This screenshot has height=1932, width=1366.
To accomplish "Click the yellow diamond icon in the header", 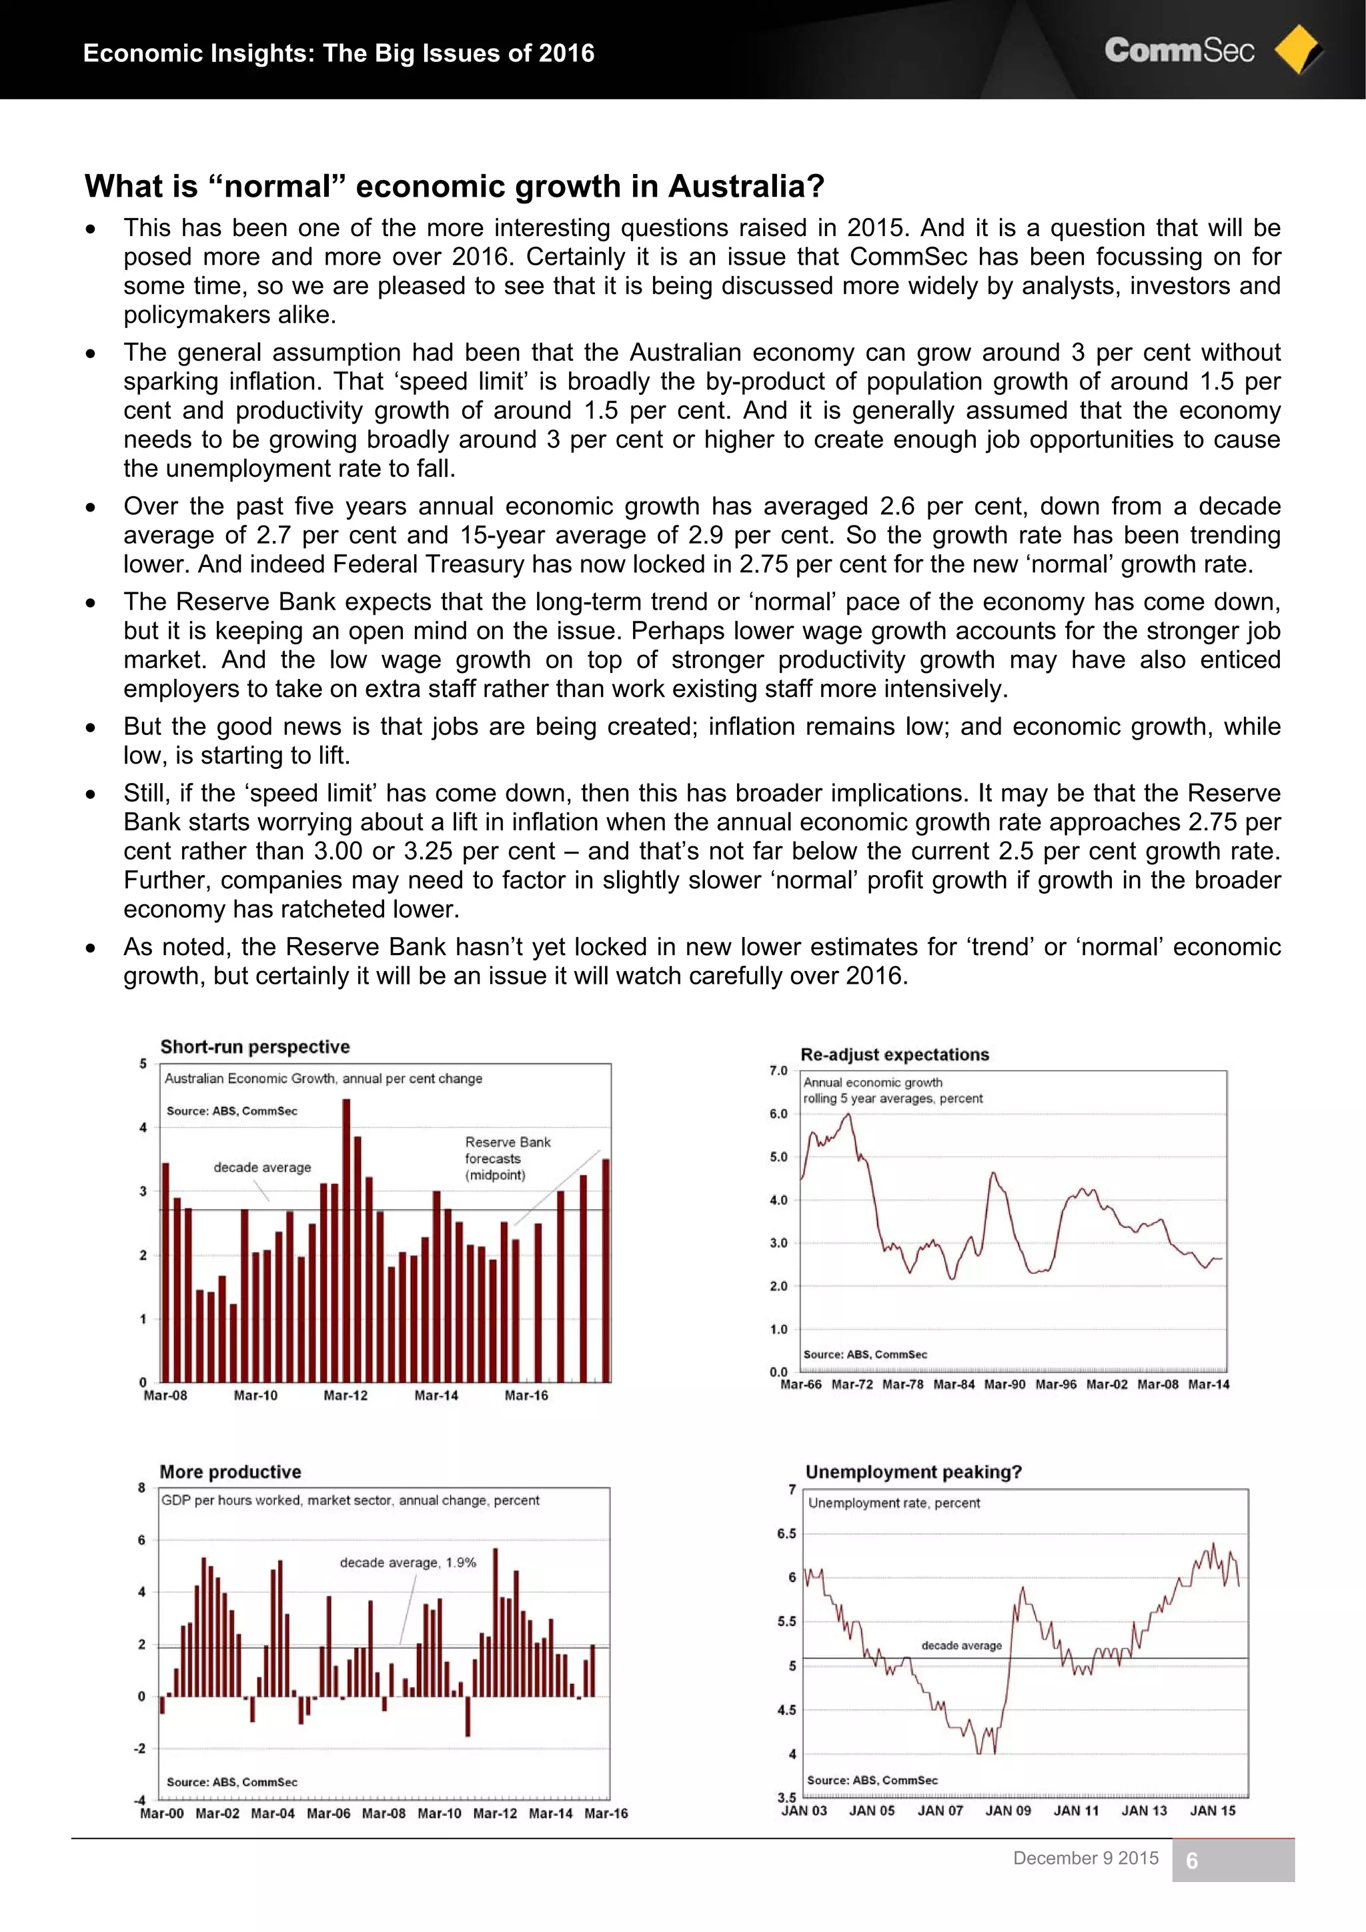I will point(1298,51).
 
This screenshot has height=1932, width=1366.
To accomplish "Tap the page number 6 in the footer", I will point(1192,1861).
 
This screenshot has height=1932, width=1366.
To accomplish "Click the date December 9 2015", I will point(1086,1858).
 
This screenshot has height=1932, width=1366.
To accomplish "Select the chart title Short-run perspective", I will point(255,1047).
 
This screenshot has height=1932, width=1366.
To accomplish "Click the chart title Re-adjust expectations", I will point(894,1054).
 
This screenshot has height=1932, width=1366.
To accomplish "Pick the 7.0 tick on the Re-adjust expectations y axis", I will point(778,1070).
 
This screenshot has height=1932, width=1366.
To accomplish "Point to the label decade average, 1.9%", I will point(408,1563).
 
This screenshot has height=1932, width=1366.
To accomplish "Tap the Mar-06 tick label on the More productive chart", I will point(328,1813).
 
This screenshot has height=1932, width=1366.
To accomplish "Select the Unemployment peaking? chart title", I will point(913,1472).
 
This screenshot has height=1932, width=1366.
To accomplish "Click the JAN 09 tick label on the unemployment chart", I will point(1007,1811).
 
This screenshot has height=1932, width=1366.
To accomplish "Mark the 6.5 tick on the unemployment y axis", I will point(786,1533).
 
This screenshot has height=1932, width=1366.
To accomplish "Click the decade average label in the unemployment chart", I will point(961,1645).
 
